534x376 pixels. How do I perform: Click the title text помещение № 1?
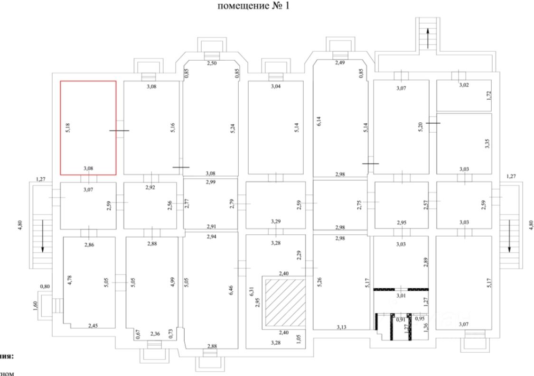click(x=267, y=7)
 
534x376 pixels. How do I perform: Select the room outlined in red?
click(x=88, y=128)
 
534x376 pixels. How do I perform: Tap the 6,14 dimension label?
click(x=319, y=120)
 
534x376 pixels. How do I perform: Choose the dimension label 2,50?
click(x=212, y=63)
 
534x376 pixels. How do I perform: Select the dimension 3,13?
click(x=341, y=327)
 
